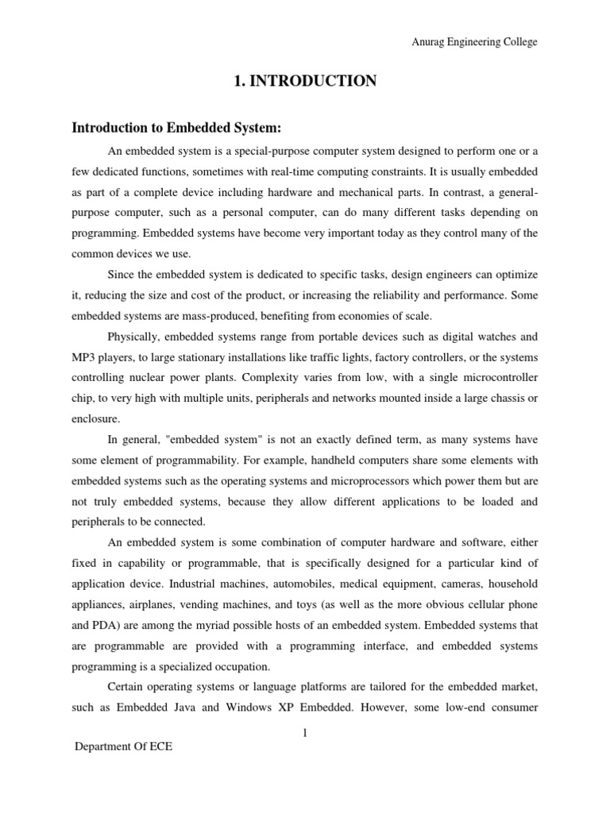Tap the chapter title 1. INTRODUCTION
[x=304, y=80]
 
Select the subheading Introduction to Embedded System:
[x=177, y=129]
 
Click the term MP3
[x=85, y=357]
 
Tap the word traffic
[x=334, y=357]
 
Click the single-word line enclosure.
[x=97, y=419]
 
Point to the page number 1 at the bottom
[x=304, y=733]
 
